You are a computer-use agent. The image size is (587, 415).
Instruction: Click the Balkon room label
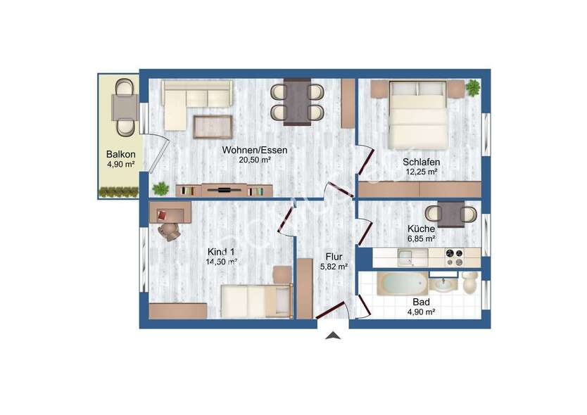pos(120,154)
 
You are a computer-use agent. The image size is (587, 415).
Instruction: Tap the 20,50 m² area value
pos(255,160)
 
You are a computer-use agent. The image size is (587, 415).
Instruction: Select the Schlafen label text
pos(421,161)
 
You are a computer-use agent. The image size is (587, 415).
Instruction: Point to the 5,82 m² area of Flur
pos(333,267)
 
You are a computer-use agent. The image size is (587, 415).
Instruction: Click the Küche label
pos(421,229)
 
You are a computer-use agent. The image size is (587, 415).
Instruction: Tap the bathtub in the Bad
pos(402,285)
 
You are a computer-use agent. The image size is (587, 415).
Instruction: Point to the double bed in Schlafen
pos(418,112)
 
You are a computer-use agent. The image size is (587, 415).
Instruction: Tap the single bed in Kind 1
pos(255,301)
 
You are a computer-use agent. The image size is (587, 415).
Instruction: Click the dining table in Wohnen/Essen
pos(297,101)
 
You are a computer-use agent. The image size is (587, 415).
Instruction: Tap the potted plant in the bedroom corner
pos(472,88)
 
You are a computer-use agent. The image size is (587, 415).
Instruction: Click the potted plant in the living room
pos(161,189)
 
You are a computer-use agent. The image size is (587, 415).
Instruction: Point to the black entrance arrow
pos(333,336)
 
